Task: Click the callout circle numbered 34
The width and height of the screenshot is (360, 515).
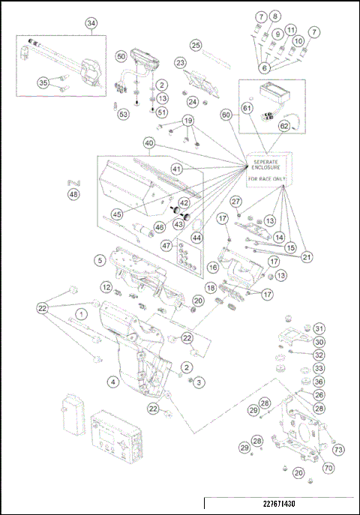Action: click(x=91, y=23)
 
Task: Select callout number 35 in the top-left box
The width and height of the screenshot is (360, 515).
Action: click(x=43, y=82)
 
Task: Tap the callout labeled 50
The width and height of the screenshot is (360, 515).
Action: click(x=121, y=57)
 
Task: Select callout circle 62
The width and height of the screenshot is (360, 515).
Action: click(x=283, y=127)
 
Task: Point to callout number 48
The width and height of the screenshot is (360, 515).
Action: click(x=73, y=194)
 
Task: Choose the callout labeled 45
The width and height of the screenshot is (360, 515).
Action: click(x=117, y=214)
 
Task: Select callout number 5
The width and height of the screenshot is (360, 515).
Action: click(x=99, y=260)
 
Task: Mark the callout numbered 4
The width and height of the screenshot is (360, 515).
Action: click(x=112, y=382)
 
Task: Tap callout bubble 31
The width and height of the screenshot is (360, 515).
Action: click(x=319, y=328)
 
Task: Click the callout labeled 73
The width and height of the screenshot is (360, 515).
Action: click(x=338, y=450)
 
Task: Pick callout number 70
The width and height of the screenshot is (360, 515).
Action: click(x=328, y=468)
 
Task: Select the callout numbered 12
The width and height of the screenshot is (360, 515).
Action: click(x=107, y=288)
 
